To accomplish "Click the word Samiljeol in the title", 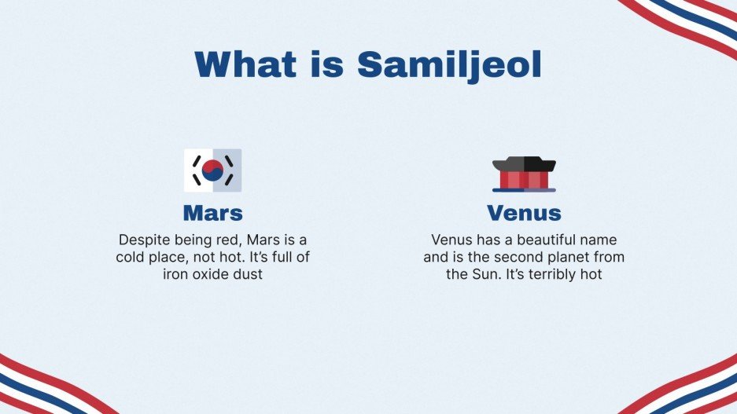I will [449, 64].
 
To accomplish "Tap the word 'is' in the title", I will [329, 64].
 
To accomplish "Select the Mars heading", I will [212, 212].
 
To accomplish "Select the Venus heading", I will [524, 212].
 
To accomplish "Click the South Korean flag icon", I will [212, 170].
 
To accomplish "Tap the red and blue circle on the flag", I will [212, 170].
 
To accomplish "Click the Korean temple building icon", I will [524, 174].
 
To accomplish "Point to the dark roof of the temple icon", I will [524, 163].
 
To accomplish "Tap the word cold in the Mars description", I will [132, 257].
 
